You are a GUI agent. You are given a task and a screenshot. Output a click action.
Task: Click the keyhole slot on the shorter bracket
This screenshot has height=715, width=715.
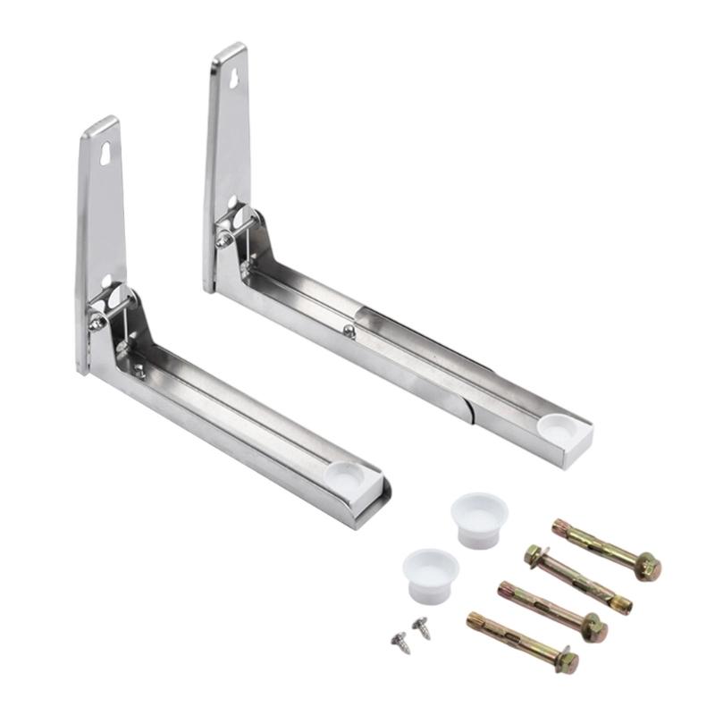click(x=105, y=152)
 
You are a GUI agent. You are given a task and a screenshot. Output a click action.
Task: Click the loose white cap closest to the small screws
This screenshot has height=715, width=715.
click(x=430, y=570)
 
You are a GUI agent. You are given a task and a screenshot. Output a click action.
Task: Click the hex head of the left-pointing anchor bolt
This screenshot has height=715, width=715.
click(x=534, y=556)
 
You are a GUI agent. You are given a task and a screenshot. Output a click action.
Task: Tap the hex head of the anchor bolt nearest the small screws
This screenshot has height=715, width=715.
click(x=566, y=662)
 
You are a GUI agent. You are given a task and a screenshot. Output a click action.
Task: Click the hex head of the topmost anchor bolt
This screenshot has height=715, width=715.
click(x=650, y=566)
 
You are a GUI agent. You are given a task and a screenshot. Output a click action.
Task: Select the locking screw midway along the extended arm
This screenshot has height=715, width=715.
click(x=349, y=330)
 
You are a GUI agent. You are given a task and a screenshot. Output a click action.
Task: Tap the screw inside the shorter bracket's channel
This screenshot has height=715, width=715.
click(x=139, y=371)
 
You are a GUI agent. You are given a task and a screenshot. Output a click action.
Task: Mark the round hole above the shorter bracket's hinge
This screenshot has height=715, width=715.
click(x=106, y=282)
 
